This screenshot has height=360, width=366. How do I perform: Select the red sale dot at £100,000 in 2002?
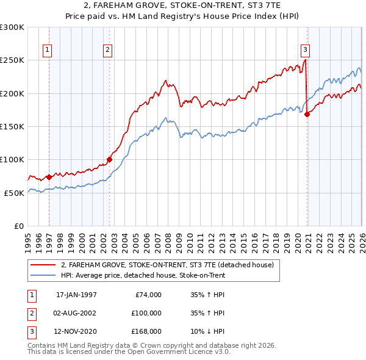110,160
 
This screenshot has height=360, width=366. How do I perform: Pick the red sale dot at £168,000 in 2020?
307,114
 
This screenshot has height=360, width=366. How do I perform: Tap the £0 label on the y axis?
18,226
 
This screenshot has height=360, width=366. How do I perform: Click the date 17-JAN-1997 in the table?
76,295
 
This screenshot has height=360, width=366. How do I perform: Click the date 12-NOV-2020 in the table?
76,333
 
